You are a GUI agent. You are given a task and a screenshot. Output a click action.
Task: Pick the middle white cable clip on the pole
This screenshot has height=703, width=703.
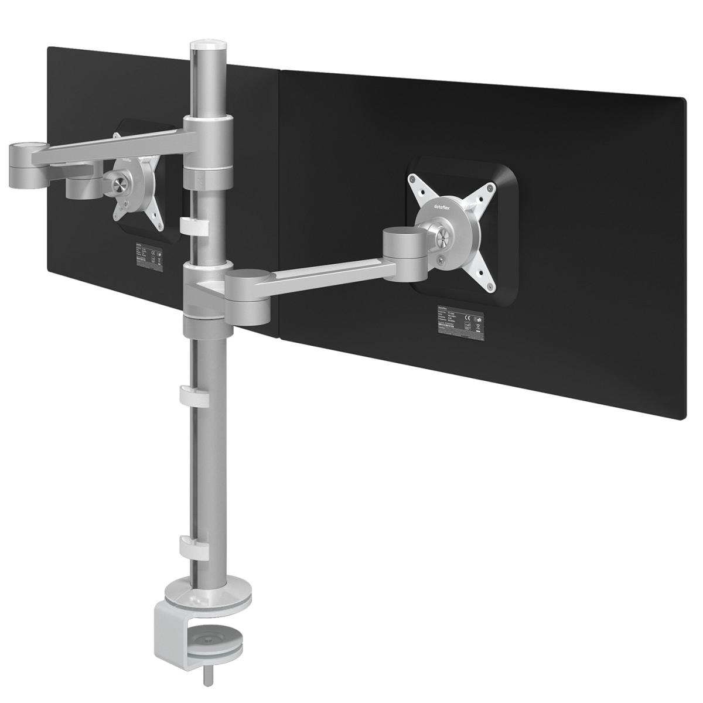(x=193, y=394)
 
